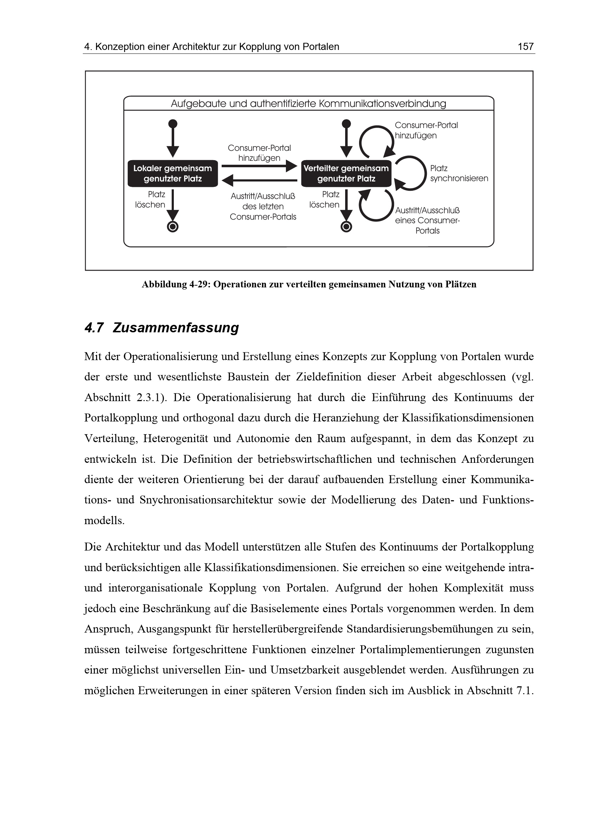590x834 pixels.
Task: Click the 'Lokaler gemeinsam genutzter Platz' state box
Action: pyautogui.click(x=172, y=174)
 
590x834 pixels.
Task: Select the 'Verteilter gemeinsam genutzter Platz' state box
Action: pyautogui.click(x=346, y=174)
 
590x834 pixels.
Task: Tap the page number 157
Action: pyautogui.click(x=525, y=46)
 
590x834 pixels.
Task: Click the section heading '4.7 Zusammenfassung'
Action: pyautogui.click(x=162, y=328)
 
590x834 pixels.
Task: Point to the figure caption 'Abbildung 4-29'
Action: pyautogui.click(x=309, y=285)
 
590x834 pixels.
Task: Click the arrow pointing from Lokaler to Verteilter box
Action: pyautogui.click(x=259, y=167)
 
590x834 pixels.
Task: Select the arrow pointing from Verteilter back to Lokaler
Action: pyautogui.click(x=259, y=180)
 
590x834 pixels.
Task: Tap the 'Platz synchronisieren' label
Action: pyautogui.click(x=459, y=173)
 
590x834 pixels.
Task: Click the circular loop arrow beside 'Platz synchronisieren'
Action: pyautogui.click(x=411, y=173)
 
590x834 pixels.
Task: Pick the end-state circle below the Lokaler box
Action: pyautogui.click(x=173, y=227)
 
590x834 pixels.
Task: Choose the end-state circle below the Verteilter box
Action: pyautogui.click(x=346, y=227)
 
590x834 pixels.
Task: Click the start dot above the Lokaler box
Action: pyautogui.click(x=173, y=123)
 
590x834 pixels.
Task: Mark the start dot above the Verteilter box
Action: pyautogui.click(x=347, y=123)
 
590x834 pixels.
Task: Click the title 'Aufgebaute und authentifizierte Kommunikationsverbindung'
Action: pyautogui.click(x=308, y=104)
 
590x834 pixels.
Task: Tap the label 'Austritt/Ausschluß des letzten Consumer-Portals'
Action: pyautogui.click(x=263, y=206)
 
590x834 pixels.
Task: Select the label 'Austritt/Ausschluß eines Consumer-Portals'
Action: pyautogui.click(x=427, y=220)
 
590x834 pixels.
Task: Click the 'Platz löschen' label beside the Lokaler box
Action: pyautogui.click(x=151, y=199)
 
